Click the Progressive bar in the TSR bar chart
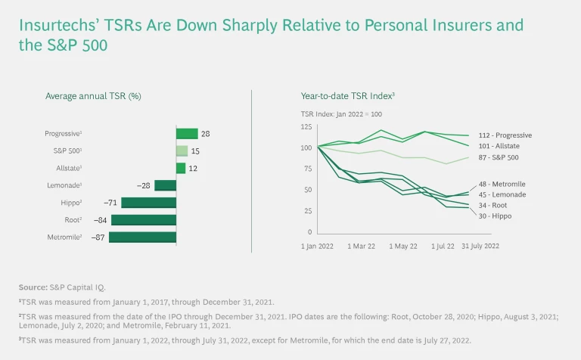[187, 134]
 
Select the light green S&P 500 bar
[182, 151]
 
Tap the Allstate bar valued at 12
[181, 169]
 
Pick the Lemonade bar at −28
[166, 185]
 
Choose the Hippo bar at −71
[148, 203]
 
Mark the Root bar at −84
[144, 220]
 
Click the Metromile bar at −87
[142, 237]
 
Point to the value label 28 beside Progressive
[205, 134]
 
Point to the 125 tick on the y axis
[306, 126]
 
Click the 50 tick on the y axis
[308, 190]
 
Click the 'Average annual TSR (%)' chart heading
[93, 96]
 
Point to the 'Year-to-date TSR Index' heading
[348, 96]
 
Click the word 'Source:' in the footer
[33, 287]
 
